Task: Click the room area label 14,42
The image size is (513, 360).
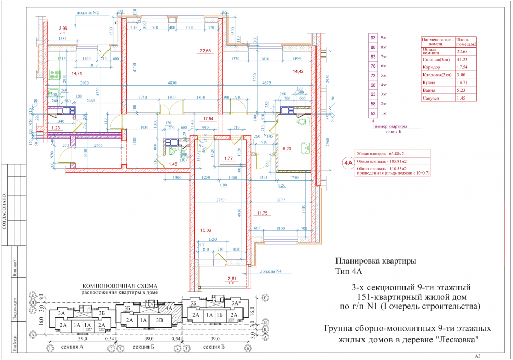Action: click(298, 71)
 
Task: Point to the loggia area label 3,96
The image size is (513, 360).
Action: click(63, 27)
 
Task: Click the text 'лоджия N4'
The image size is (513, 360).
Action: click(271, 271)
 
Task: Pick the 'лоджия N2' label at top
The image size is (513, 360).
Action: click(88, 12)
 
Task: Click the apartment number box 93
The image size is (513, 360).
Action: click(372, 38)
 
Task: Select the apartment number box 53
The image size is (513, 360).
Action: click(372, 113)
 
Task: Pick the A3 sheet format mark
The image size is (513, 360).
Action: click(478, 356)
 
